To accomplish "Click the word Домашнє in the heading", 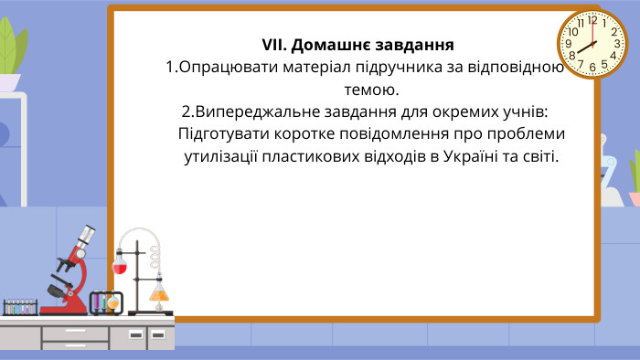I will tap(330, 46).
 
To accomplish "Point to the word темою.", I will tap(371, 90).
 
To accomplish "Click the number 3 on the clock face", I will tap(615, 45).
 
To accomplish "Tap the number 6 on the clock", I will tap(592, 67).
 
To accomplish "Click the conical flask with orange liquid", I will tap(160, 293).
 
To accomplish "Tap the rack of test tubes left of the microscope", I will tap(19, 306).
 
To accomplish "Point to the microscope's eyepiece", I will tap(86, 233).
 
